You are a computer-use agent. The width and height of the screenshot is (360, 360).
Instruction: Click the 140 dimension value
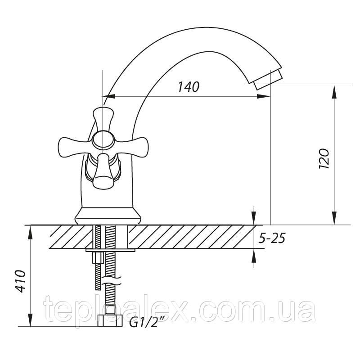(189, 87)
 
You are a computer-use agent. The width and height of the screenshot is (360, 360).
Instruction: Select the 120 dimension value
(324, 159)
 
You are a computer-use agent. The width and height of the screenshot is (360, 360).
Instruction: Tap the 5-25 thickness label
(272, 238)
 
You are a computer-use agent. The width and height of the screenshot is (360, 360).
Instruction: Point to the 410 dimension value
(20, 281)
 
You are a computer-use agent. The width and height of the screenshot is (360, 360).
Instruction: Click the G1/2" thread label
(144, 323)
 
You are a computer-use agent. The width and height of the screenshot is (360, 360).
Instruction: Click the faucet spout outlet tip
(269, 81)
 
